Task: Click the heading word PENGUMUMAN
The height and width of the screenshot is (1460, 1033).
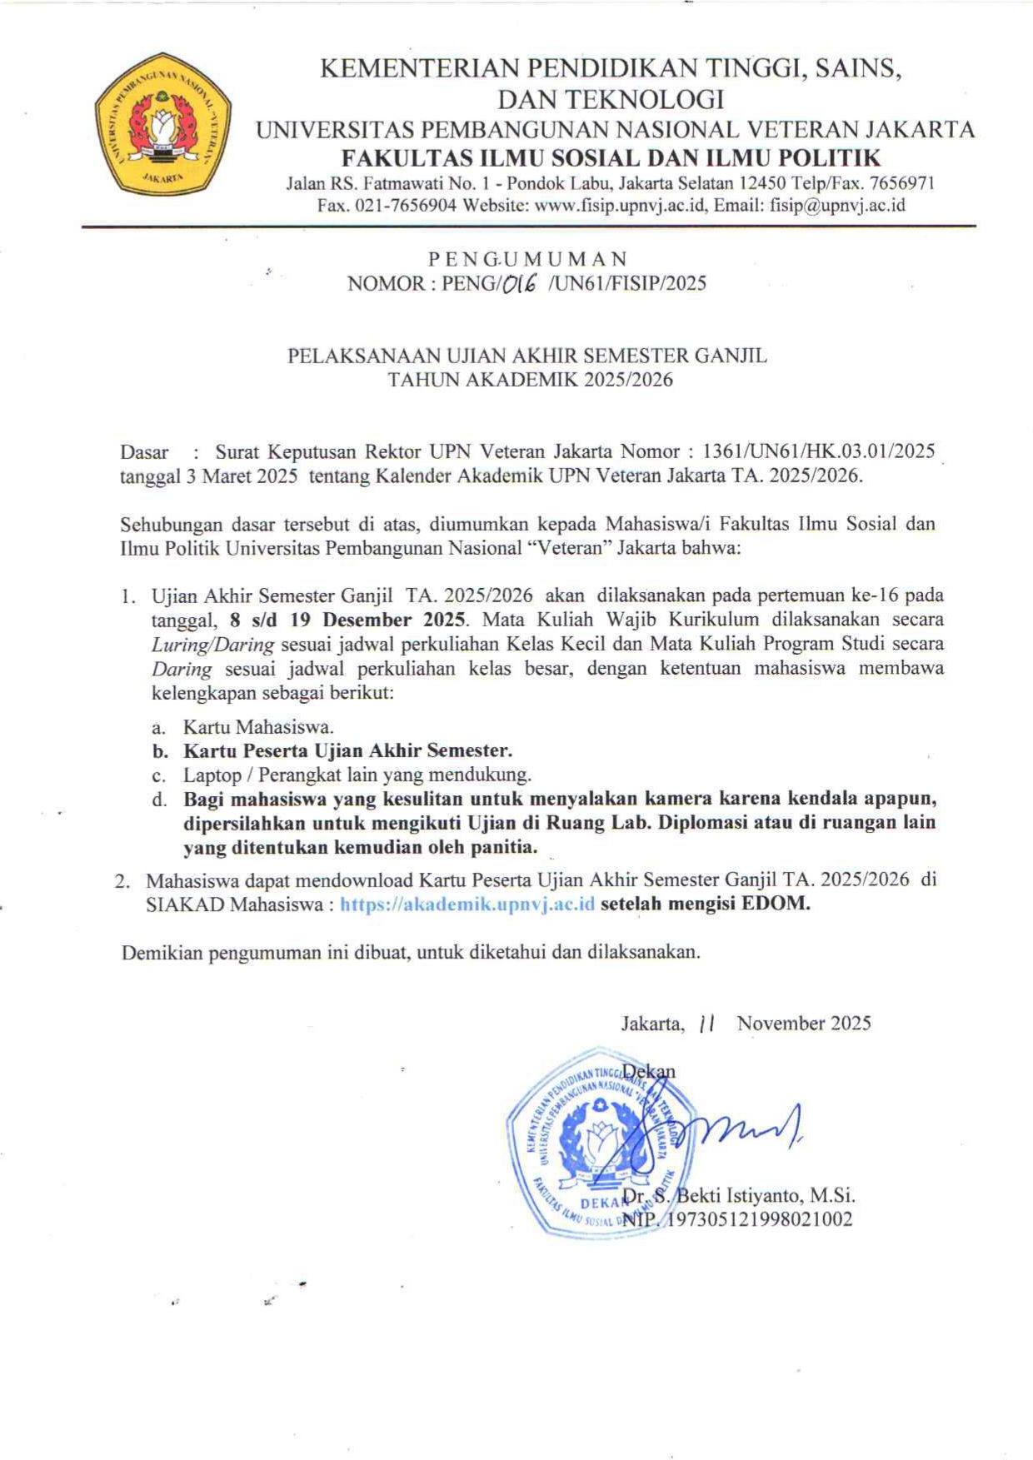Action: click(527, 259)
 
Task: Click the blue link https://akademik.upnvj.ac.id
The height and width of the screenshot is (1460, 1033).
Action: click(467, 904)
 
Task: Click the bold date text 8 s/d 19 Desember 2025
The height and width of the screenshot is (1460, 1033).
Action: click(348, 620)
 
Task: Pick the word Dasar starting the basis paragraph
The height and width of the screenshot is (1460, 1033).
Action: click(144, 452)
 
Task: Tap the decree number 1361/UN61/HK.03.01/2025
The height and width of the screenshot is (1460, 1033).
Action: click(819, 452)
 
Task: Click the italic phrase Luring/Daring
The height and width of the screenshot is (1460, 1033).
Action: click(212, 645)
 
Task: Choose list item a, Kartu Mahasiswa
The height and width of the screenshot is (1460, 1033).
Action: click(258, 727)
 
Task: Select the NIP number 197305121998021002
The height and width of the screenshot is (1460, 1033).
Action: click(757, 1220)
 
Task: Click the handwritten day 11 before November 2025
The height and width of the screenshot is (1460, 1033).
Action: click(708, 1024)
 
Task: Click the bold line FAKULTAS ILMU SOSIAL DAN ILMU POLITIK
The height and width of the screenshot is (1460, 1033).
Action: click(612, 157)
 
